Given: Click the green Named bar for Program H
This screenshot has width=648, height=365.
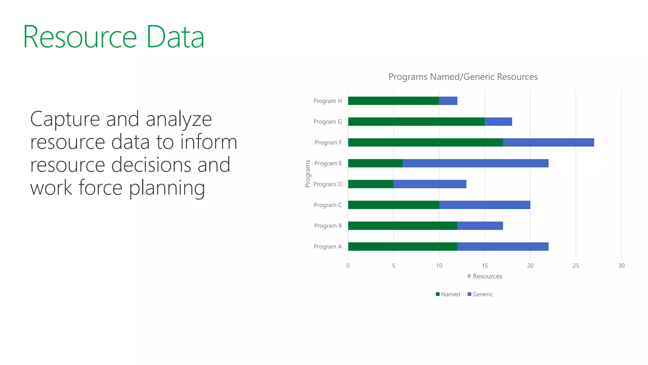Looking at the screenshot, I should click(393, 101).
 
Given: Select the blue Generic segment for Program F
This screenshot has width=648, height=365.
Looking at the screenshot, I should click(548, 142).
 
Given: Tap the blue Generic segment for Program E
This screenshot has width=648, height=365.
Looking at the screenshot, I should click(475, 163).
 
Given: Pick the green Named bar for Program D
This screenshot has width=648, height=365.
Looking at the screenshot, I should click(371, 184).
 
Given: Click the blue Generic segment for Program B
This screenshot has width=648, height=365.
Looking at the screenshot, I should click(480, 226).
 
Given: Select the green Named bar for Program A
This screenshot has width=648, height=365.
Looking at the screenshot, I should click(402, 247).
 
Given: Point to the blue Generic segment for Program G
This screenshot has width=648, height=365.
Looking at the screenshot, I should click(498, 122).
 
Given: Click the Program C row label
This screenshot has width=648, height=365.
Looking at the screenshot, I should click(327, 205).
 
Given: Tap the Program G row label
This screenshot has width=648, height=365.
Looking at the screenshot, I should click(327, 122).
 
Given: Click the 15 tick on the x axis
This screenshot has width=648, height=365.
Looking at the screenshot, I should click(484, 266).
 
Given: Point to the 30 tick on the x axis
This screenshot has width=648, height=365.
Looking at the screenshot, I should click(621, 266).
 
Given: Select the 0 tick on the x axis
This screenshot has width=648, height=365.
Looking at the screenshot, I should click(348, 266).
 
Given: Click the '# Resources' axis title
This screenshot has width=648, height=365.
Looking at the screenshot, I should click(484, 276).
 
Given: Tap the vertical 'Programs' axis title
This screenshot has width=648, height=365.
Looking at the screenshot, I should click(308, 174).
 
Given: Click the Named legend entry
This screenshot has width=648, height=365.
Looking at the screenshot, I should click(448, 294).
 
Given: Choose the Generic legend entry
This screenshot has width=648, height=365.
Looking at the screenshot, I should click(480, 294).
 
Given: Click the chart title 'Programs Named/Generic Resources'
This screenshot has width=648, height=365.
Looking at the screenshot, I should click(463, 77).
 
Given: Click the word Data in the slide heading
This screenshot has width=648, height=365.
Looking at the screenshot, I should click(175, 37).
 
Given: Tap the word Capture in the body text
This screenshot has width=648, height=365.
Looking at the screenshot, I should click(65, 119).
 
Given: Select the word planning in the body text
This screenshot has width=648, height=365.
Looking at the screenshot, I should click(167, 188).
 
